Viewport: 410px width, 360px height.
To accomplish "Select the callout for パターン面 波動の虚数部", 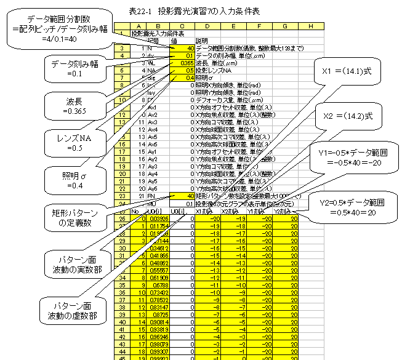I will pyautogui.click(x=72, y=311).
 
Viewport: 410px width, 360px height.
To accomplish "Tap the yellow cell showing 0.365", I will pyautogui.click(x=185, y=63).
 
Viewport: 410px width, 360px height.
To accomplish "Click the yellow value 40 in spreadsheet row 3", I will pyautogui.click(x=185, y=47).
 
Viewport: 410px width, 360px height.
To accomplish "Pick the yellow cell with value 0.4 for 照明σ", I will pyautogui.click(x=185, y=78).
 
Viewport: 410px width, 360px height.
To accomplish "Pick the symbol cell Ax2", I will pyautogui.click(x=152, y=114).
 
